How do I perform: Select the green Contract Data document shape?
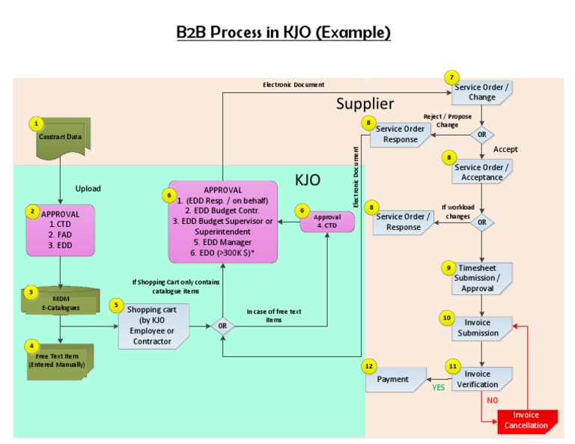pos(60,139)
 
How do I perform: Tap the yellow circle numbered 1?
pos(36,123)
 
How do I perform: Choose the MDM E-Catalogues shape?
pos(60,302)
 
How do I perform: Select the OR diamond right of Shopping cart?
pos(222,326)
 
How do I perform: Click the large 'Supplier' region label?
pos(365,103)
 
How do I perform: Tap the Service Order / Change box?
pos(482,92)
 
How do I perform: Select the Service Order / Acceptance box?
pos(482,171)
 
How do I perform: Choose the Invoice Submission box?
pos(483,327)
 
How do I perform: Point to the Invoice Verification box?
pos(483,378)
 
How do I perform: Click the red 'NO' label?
pos(493,401)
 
